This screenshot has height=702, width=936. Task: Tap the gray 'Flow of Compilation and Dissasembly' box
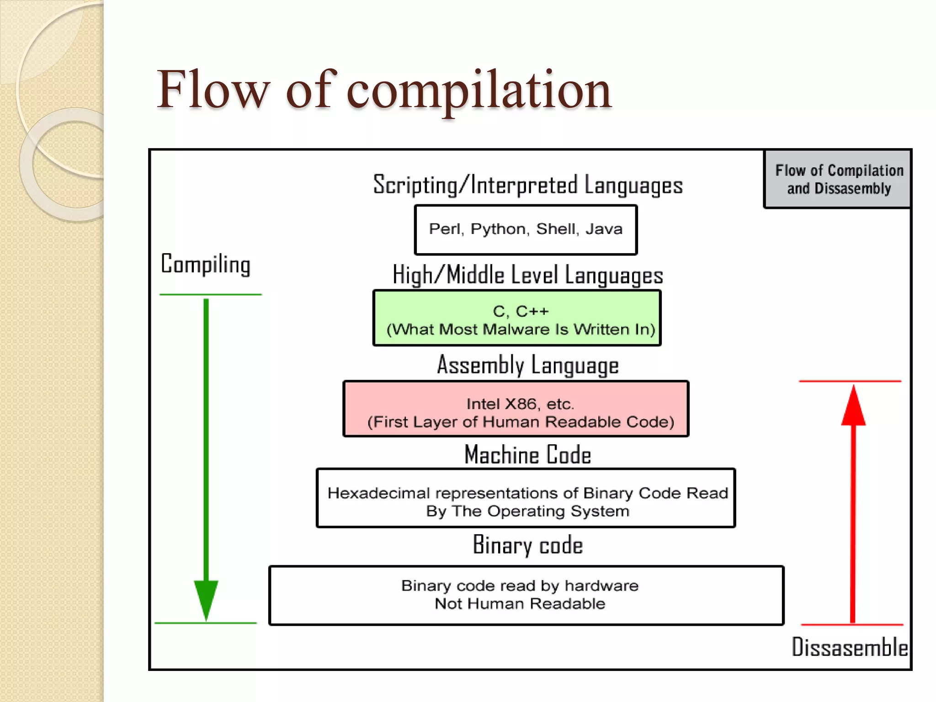(839, 179)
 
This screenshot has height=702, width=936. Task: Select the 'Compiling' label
(206, 264)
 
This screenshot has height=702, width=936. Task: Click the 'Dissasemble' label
(850, 647)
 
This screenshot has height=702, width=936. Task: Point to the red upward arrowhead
(853, 407)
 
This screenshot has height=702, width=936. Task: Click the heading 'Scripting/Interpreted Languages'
(528, 185)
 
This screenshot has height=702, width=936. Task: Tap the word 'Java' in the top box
(604, 229)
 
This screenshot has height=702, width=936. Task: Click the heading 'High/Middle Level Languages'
(528, 275)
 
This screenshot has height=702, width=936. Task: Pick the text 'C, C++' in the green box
(521, 311)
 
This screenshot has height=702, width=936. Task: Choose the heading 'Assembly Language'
(528, 365)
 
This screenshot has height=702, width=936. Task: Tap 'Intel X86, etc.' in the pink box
(520, 404)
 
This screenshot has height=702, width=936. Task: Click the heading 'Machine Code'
(528, 455)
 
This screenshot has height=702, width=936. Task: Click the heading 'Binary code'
(528, 545)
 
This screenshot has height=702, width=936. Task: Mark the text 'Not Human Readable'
(520, 604)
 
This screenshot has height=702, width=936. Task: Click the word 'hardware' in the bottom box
(601, 586)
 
